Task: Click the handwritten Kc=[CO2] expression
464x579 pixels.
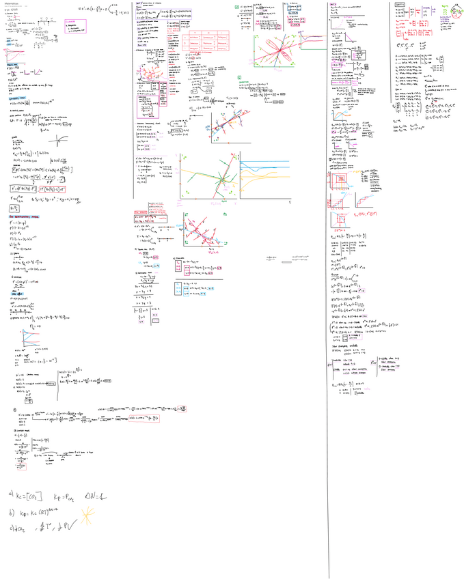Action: click(34, 494)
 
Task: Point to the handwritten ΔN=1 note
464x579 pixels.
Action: click(97, 494)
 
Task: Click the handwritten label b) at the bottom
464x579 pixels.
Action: click(11, 511)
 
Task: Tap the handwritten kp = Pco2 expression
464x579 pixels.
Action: click(67, 494)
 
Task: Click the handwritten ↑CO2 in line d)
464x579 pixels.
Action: click(25, 526)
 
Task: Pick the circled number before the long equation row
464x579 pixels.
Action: click(15, 410)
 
